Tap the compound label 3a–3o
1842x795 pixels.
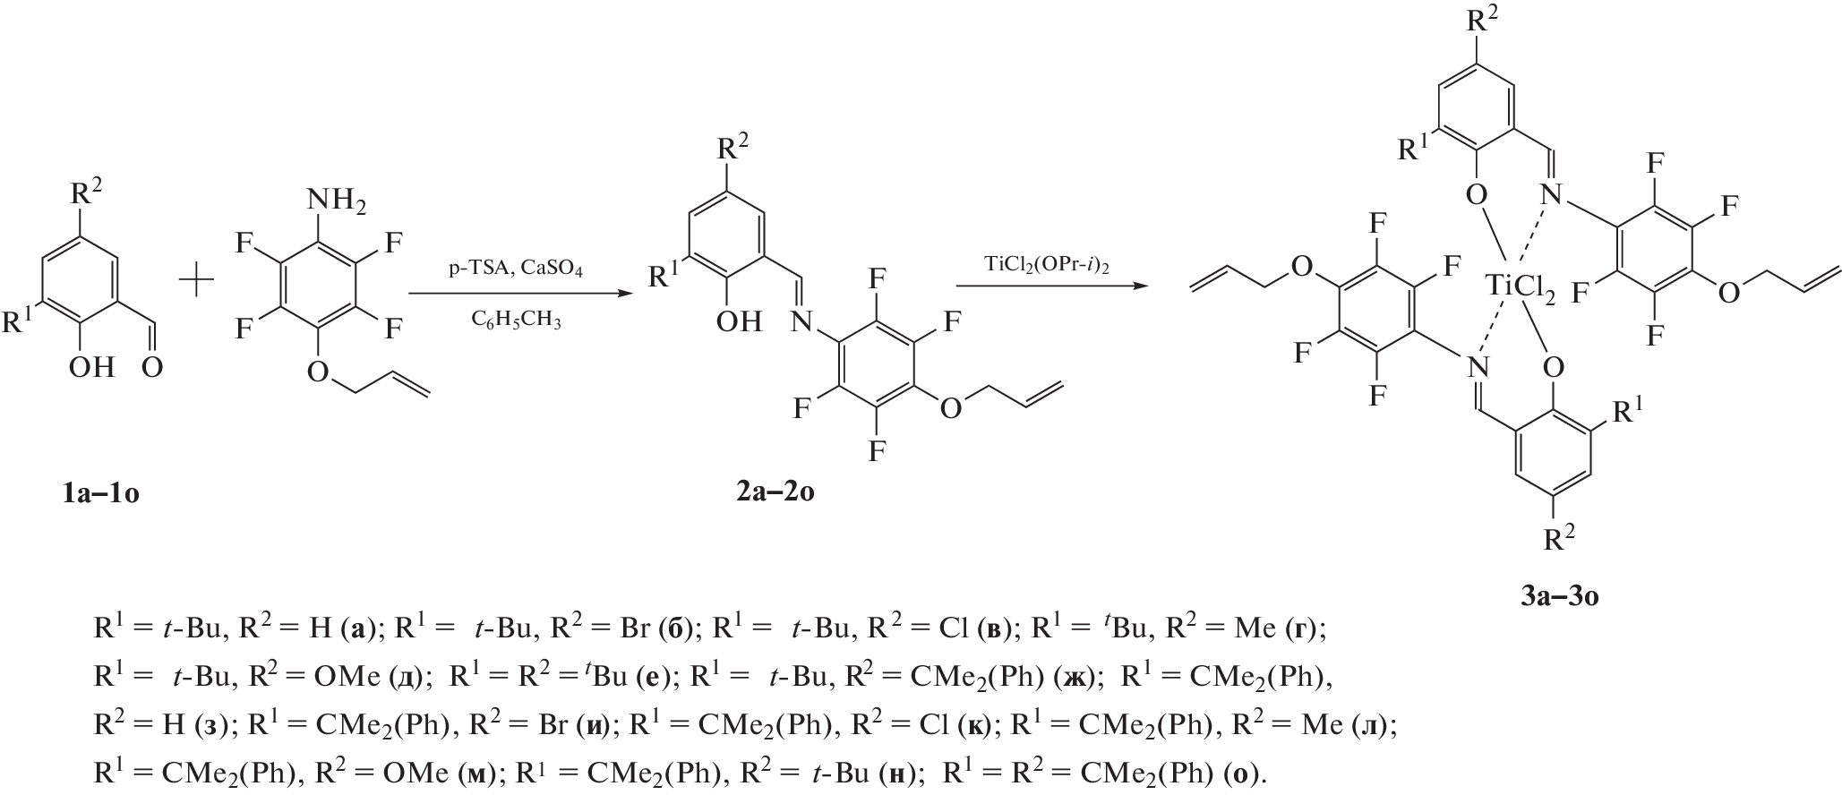(1559, 595)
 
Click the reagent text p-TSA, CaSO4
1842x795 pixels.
(515, 269)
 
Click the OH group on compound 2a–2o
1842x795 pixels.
(739, 321)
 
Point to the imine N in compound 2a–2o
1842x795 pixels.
(801, 321)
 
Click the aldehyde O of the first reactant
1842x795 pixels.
(152, 366)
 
